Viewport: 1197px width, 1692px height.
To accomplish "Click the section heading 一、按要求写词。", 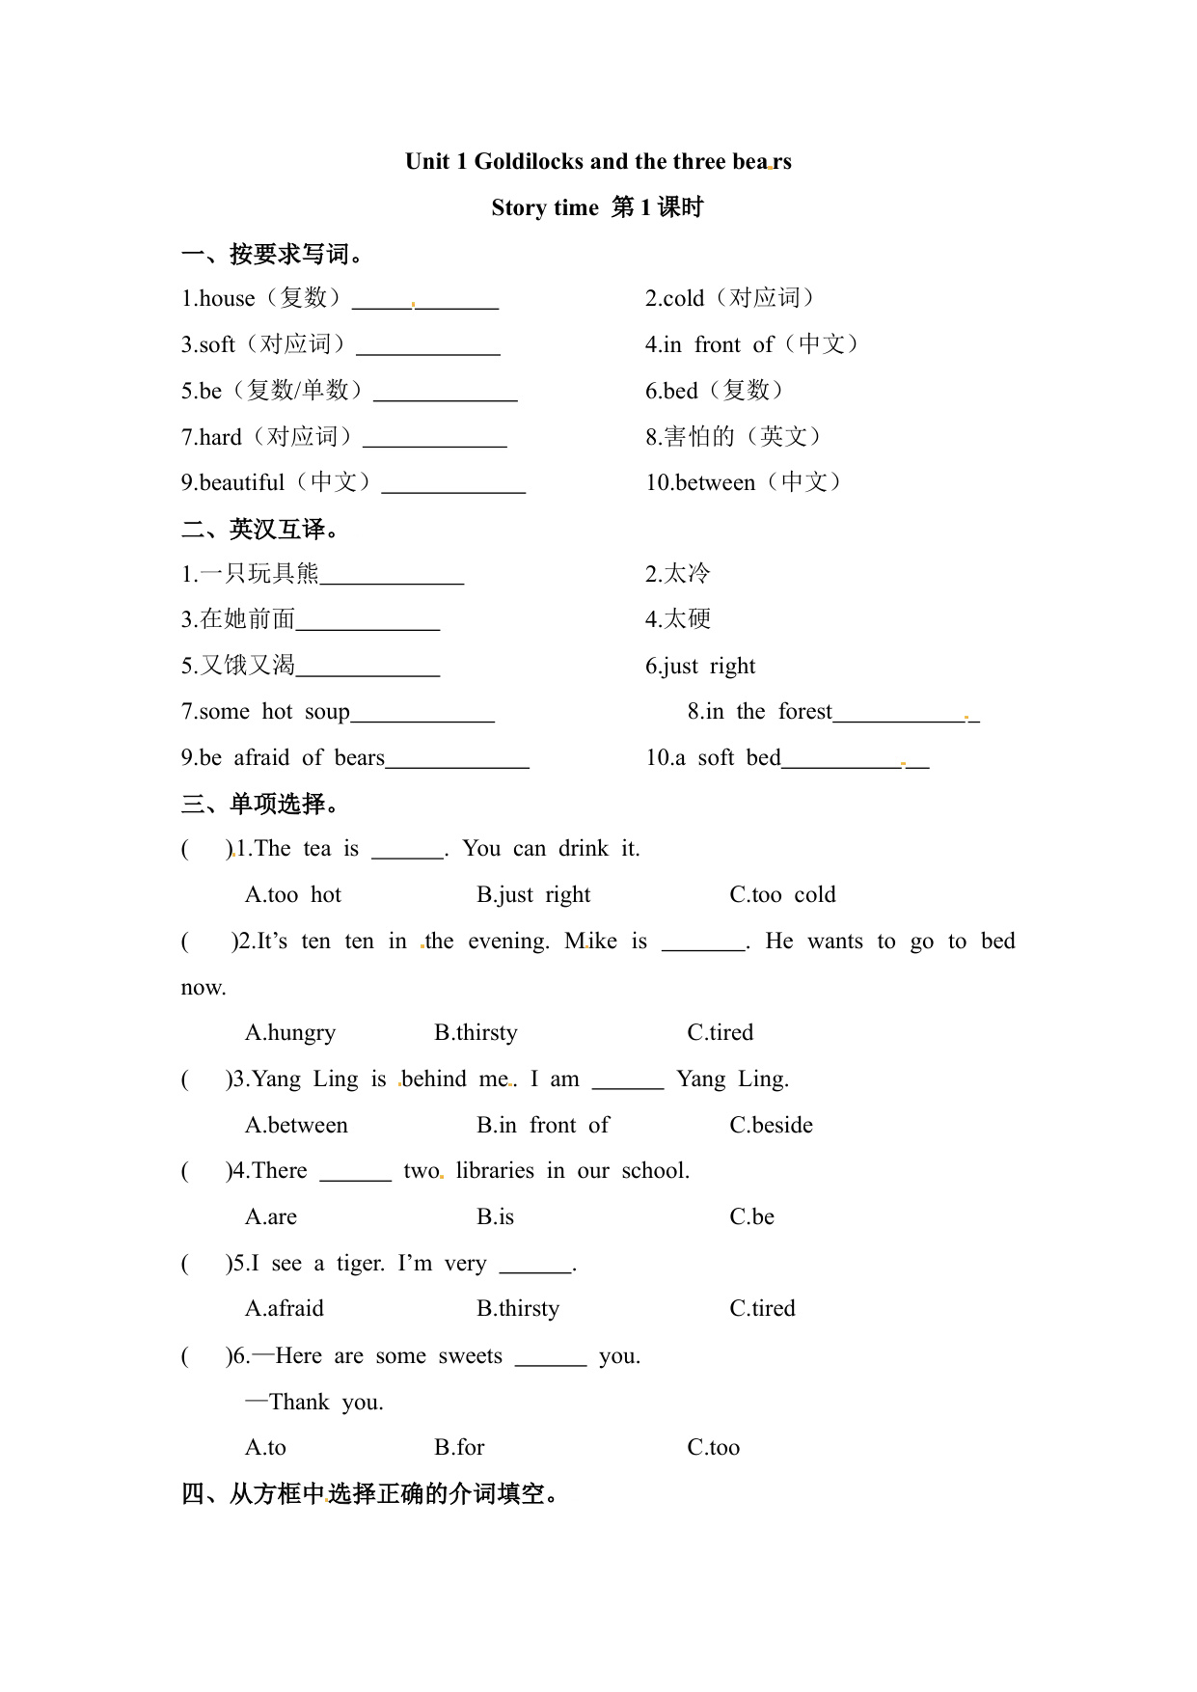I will (273, 255).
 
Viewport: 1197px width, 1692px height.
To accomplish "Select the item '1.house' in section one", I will (219, 299).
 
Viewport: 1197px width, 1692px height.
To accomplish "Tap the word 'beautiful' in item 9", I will (242, 483).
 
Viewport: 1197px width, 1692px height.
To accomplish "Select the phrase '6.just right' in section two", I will (700, 667).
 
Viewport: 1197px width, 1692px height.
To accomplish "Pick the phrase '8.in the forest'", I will (759, 712).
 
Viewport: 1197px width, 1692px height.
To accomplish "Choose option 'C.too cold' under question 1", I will (782, 895).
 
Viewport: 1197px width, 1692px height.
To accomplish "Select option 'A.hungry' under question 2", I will (290, 1033).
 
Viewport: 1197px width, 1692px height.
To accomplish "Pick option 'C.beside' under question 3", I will (771, 1126).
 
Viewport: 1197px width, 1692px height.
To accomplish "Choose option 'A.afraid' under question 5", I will (285, 1309).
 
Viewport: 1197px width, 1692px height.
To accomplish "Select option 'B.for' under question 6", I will (459, 1448).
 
